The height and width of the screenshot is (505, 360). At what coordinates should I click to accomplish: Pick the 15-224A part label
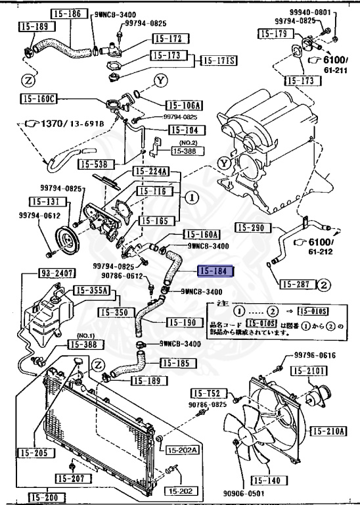coord(151,172)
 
